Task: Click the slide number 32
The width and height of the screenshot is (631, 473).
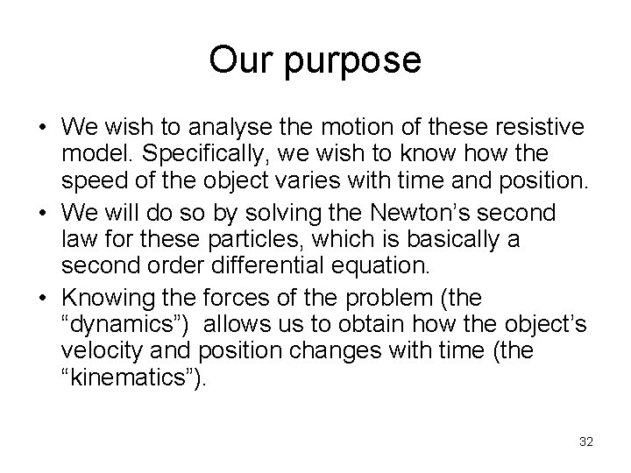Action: click(x=586, y=441)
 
